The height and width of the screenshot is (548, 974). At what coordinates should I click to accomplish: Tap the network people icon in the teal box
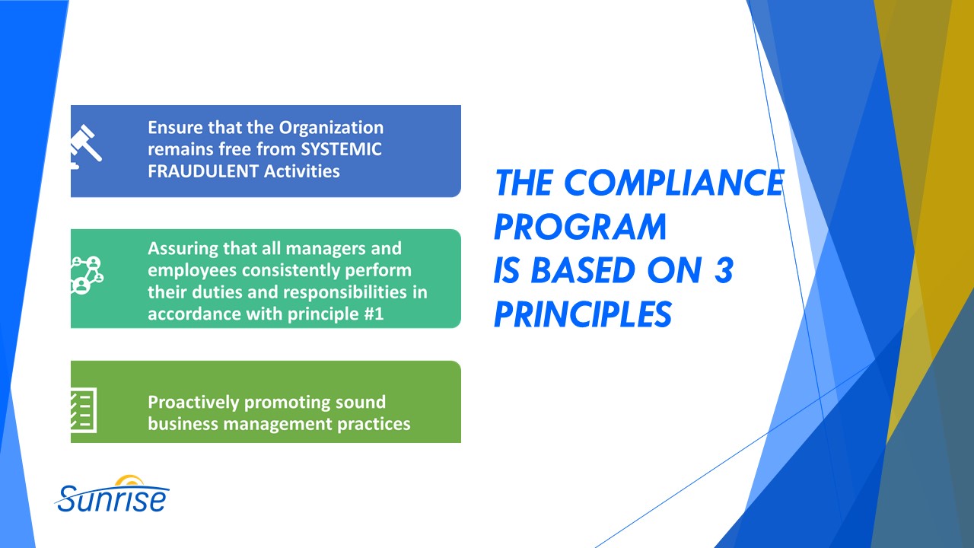[x=86, y=275]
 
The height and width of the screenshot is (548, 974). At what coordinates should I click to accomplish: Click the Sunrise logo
[x=113, y=495]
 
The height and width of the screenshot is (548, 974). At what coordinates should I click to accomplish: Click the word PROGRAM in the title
[x=580, y=226]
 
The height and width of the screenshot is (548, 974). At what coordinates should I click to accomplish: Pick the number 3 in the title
[x=722, y=270]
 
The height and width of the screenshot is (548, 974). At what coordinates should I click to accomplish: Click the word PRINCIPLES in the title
[x=582, y=314]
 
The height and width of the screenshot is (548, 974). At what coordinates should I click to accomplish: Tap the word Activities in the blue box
[x=302, y=170]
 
